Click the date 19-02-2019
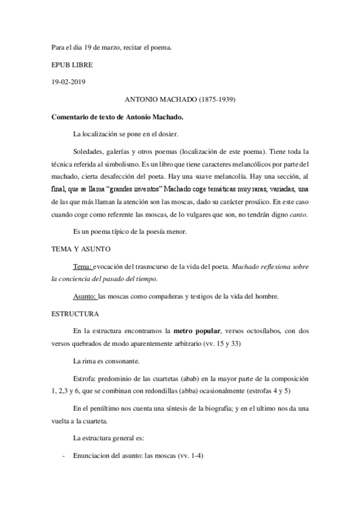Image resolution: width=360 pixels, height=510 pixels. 70,81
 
